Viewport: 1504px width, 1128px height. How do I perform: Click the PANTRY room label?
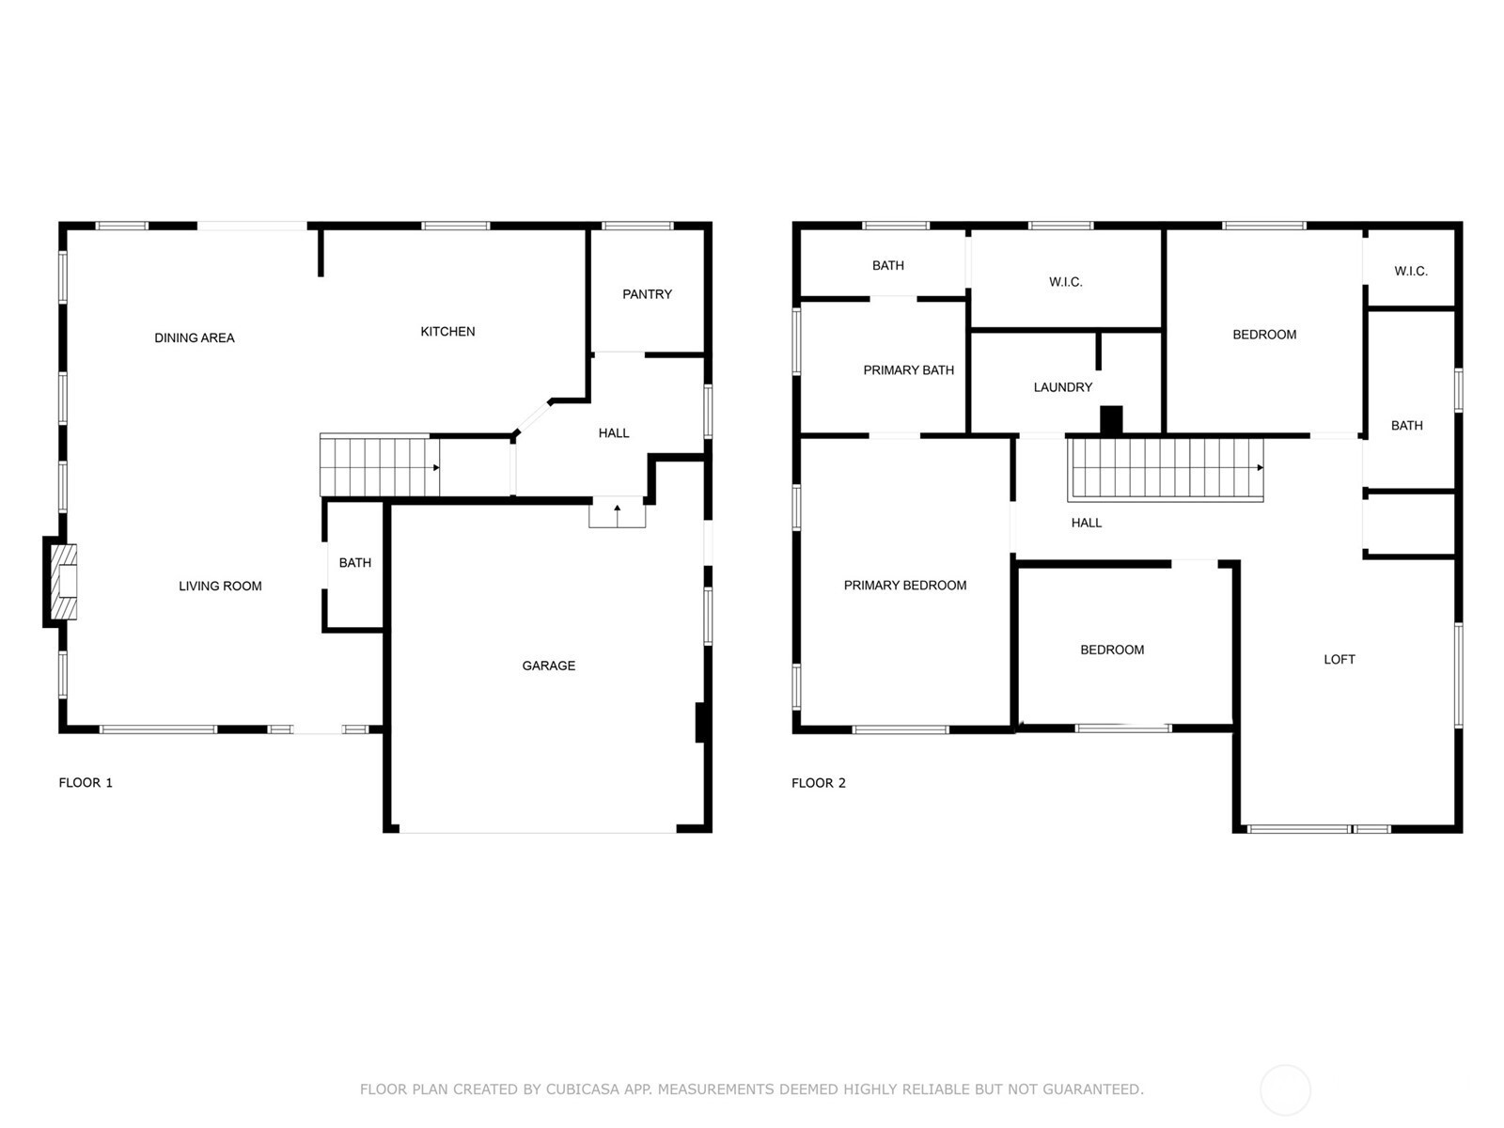click(x=646, y=294)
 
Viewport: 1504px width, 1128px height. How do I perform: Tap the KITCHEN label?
click(x=447, y=332)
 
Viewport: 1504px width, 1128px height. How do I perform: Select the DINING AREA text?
click(x=194, y=337)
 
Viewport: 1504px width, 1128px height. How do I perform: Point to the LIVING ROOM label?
click(x=220, y=587)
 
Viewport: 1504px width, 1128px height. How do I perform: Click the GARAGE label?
click(x=548, y=666)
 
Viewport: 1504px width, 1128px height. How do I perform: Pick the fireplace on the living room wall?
click(x=61, y=582)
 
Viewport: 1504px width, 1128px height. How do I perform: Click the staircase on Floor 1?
click(x=380, y=465)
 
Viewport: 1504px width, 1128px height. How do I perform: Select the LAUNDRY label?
click(x=1063, y=387)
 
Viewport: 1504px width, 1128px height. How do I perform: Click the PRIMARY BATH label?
click(x=908, y=370)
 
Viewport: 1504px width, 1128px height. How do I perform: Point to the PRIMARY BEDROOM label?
click(x=904, y=586)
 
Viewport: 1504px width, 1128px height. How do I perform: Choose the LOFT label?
click(x=1339, y=660)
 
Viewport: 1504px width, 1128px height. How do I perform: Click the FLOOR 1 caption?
click(x=86, y=783)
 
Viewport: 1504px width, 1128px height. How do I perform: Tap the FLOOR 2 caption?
click(x=818, y=784)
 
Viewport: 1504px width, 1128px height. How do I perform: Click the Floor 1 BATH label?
click(x=355, y=563)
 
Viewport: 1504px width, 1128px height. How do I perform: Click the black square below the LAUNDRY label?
click(x=1111, y=420)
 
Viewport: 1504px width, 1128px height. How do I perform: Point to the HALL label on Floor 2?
click(x=1086, y=524)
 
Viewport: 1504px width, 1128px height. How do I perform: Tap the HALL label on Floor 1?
click(x=613, y=433)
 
